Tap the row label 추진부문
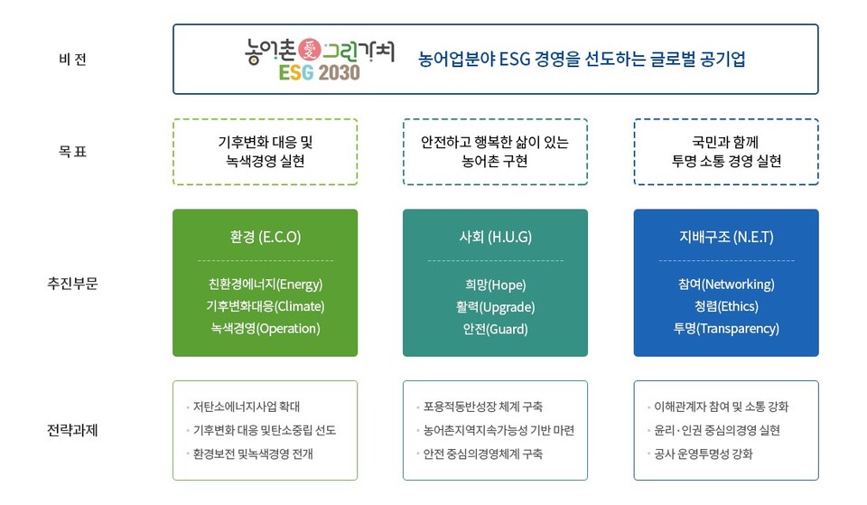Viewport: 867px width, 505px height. point(72,283)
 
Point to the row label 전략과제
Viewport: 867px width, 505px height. point(72,429)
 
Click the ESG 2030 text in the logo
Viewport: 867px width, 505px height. point(319,72)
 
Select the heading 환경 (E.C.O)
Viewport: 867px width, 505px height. point(265,238)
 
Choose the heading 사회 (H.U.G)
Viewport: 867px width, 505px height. point(495,238)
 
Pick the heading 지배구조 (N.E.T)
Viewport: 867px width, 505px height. point(726,238)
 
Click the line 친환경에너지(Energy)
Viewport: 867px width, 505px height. point(265,285)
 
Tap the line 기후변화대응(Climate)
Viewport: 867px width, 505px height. point(265,306)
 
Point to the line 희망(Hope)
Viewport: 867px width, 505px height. point(495,285)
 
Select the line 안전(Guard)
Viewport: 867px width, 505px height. point(495,329)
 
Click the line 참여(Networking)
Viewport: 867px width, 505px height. point(726,285)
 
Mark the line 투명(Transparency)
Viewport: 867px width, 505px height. point(726,329)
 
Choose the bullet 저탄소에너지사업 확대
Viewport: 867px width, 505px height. point(246,407)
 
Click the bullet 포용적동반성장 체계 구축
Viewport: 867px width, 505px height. point(483,407)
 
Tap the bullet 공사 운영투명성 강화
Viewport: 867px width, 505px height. point(701,454)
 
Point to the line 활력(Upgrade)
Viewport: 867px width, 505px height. point(495,306)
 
